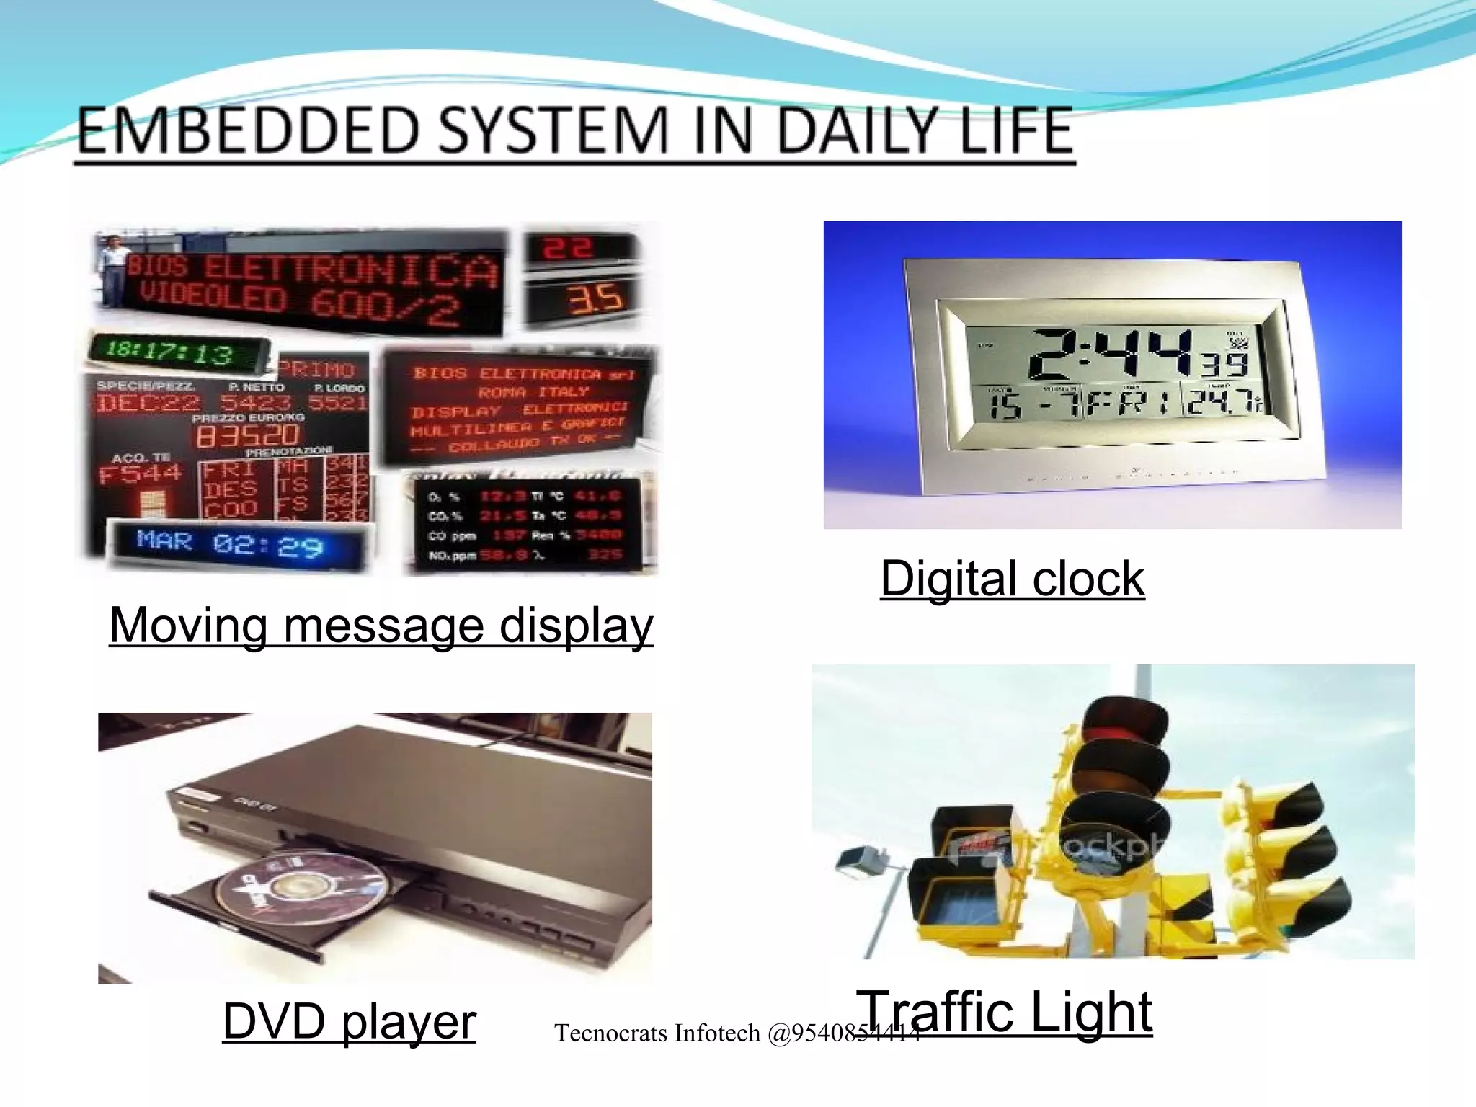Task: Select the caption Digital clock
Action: coord(1012,579)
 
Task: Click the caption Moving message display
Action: coord(381,625)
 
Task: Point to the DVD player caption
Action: coord(349,1021)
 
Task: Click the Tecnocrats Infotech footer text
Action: coord(735,1033)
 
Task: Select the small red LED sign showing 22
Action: coord(569,249)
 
